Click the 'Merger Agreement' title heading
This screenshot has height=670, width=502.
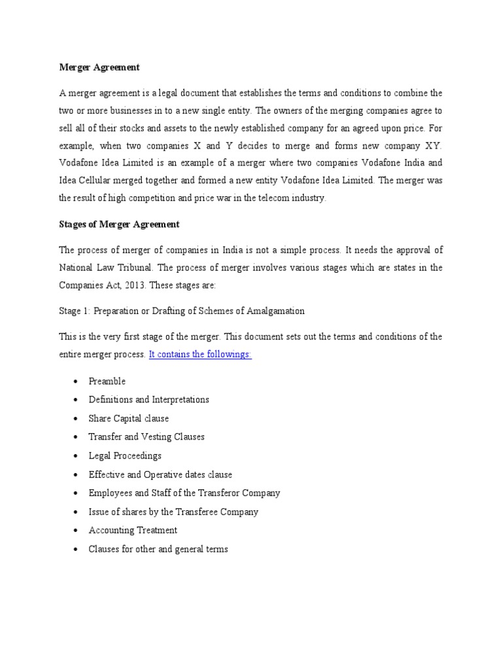[x=99, y=67]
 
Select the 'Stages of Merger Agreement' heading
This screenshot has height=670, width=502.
[x=119, y=224]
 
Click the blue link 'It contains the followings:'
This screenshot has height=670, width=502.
[x=200, y=354]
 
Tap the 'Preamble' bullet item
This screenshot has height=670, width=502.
[x=107, y=381]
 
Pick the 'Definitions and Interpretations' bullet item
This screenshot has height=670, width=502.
[x=148, y=400]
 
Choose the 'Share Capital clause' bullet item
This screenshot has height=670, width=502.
[x=128, y=419]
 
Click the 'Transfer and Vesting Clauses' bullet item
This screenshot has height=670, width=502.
[x=146, y=437]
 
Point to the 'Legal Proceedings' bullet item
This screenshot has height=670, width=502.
[x=125, y=456]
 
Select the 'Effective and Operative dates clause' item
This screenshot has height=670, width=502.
[x=160, y=474]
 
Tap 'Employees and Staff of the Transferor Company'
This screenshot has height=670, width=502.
[x=184, y=493]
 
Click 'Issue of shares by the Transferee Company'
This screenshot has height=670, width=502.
[x=173, y=512]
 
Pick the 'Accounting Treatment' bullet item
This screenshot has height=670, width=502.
[x=133, y=531]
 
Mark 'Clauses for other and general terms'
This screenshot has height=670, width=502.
[x=158, y=550]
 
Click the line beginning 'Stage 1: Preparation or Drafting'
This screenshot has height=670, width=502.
[x=182, y=311]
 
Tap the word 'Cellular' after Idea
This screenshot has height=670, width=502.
[x=103, y=181]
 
